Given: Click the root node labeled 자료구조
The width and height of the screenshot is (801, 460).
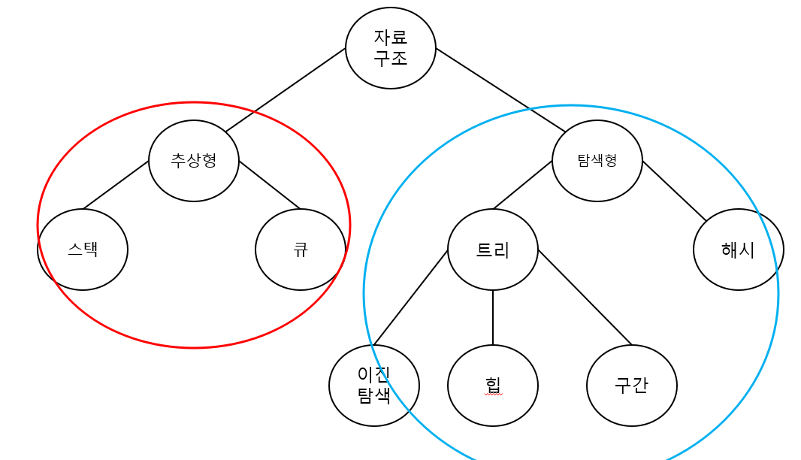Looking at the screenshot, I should (x=391, y=48).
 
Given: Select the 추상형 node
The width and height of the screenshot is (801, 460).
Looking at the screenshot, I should (x=194, y=161).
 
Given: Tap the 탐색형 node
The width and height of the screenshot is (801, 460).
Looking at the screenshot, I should (x=597, y=161).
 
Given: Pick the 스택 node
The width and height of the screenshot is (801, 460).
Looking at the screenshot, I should (x=83, y=250).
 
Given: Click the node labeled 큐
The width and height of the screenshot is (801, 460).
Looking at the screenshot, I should (x=301, y=250).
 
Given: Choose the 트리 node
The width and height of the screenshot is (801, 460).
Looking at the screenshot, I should (x=493, y=250).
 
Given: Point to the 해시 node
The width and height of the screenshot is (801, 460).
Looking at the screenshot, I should (x=738, y=250).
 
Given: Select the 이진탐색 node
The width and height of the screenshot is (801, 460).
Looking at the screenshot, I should (x=374, y=386).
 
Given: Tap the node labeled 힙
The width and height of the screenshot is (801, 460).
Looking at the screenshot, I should (x=493, y=386).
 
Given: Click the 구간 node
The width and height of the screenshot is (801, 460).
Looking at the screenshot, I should (x=632, y=386).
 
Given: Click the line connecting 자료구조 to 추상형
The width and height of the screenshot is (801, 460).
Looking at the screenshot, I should (x=286, y=90).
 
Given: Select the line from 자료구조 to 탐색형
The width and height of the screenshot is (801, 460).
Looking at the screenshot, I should (x=500, y=90).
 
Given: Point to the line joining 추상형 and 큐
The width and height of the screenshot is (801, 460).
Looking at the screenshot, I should (x=269, y=185).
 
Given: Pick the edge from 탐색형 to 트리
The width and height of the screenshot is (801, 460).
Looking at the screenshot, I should (x=523, y=185).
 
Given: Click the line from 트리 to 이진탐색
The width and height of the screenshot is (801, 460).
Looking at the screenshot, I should (x=411, y=298).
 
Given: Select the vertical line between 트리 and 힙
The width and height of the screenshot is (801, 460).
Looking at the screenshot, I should (x=493, y=317).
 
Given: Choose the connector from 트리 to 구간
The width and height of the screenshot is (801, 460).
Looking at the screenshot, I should (x=585, y=297).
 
